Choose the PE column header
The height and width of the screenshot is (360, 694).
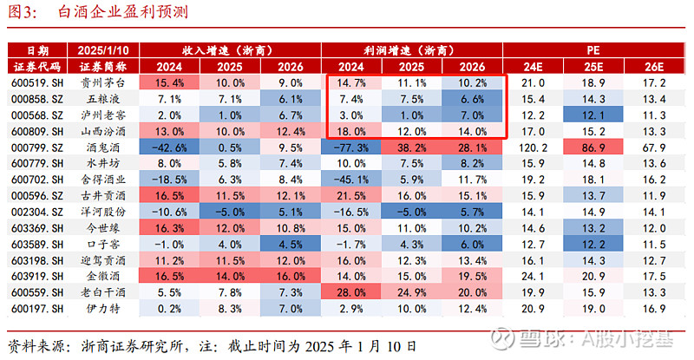(x=594, y=50)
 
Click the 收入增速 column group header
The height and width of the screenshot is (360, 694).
(x=230, y=50)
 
